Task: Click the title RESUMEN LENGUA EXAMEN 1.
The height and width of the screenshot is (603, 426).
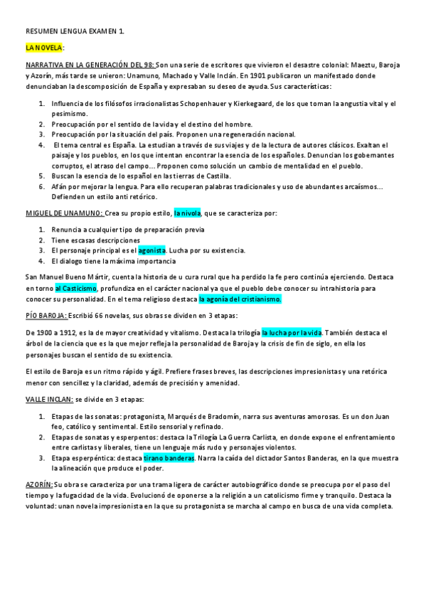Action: [69, 32]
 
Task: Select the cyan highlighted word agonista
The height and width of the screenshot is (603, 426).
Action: [151, 250]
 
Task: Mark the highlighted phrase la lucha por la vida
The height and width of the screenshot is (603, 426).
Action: [292, 332]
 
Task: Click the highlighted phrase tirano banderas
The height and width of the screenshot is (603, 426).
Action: [169, 459]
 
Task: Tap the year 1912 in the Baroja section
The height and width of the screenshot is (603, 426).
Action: [60, 332]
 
